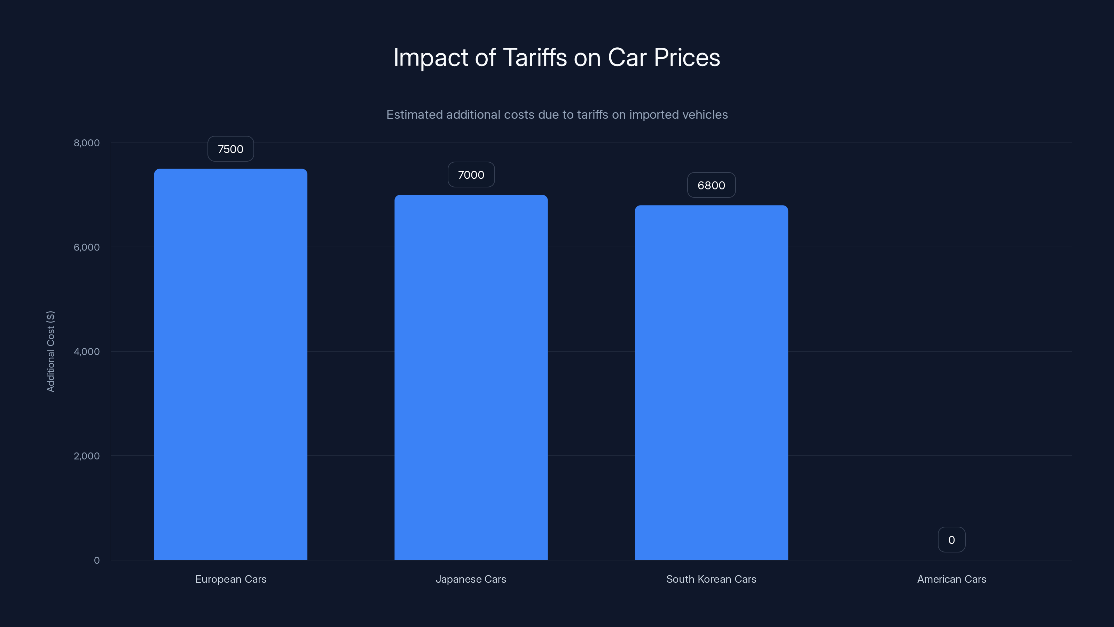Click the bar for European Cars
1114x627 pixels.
tap(230, 364)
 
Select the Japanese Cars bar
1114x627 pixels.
tap(471, 377)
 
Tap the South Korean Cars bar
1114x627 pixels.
tap(711, 382)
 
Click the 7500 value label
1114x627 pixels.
tap(230, 149)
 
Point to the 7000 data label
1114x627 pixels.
tap(471, 175)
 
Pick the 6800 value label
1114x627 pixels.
tap(711, 185)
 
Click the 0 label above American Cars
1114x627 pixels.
tap(951, 540)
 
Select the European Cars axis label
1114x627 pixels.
tap(230, 579)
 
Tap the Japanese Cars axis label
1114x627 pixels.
tap(471, 579)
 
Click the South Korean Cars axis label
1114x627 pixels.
tap(711, 579)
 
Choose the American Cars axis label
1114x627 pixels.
tap(951, 579)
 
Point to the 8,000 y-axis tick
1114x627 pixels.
tap(86, 143)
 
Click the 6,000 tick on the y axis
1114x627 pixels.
tap(86, 247)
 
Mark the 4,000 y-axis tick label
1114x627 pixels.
tap(86, 351)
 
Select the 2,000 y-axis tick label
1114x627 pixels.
tap(86, 456)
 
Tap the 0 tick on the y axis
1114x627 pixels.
tap(96, 560)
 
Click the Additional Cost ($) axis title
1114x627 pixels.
tap(50, 351)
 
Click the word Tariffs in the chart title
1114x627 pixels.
tap(535, 57)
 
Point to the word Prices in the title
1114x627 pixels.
tap(687, 57)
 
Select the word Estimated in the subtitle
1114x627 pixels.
tap(414, 115)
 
